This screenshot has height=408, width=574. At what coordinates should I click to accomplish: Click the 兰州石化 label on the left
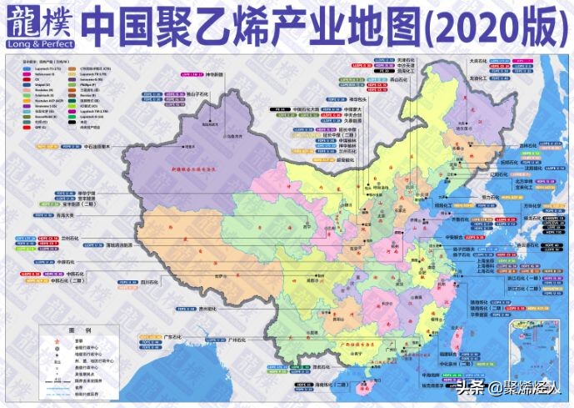point(72,238)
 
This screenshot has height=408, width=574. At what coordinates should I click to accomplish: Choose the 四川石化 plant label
point(173,283)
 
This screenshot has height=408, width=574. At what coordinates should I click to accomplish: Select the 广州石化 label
point(237,340)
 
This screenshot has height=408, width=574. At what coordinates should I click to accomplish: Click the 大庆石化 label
point(479,60)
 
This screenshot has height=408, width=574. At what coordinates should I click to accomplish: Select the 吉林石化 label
point(502,144)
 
